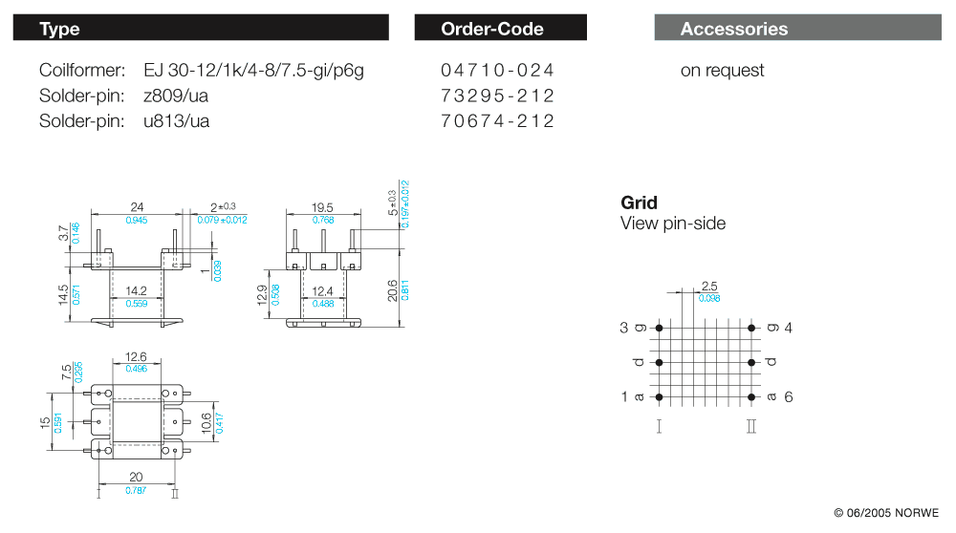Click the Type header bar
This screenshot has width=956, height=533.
coord(201,28)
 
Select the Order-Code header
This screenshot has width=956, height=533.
coord(501,28)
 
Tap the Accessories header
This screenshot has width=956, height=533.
coord(797,28)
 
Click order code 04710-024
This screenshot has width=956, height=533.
coord(497,70)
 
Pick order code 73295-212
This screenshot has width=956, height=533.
coord(497,96)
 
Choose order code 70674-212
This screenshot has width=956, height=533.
coord(497,121)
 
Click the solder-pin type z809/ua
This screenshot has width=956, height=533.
coord(176,96)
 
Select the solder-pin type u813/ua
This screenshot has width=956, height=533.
coord(176,121)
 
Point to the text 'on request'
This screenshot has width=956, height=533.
coord(722,71)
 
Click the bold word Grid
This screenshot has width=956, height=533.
coord(639,203)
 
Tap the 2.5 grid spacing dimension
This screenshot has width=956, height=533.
coord(709,287)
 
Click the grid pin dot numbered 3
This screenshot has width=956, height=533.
coord(659,328)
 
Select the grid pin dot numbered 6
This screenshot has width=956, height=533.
coord(751,397)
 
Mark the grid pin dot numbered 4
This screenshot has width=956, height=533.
coord(751,328)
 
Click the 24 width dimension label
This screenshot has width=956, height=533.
coord(137,207)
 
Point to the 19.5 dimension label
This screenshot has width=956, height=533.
coord(322,207)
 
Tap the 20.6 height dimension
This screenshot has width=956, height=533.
coord(393,290)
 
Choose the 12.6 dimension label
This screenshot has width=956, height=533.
coord(136,357)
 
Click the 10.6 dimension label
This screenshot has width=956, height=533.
coord(206,423)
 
